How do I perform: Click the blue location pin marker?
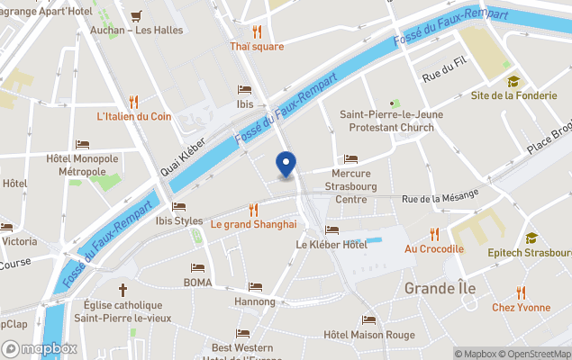click(286, 165)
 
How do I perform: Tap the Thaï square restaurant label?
click(256, 47)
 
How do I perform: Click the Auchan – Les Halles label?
click(137, 30)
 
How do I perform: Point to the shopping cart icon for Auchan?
click(136, 15)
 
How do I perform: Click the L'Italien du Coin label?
click(134, 116)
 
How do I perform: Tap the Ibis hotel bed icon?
click(244, 89)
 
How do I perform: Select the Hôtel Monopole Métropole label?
click(82, 165)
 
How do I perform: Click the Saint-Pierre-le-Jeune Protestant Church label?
click(386, 121)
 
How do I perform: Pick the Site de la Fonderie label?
click(513, 95)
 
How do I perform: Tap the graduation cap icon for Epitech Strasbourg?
click(531, 238)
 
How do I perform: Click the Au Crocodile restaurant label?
click(434, 248)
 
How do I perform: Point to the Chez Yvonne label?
click(521, 307)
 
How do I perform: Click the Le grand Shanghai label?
click(253, 224)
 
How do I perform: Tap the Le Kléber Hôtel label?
click(331, 244)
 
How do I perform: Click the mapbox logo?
click(40, 348)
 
